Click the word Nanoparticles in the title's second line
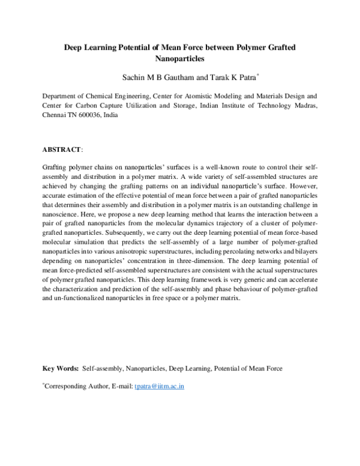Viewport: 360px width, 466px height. (x=180, y=59)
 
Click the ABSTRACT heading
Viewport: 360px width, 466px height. (x=62, y=148)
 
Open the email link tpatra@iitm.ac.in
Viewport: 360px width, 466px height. (x=159, y=386)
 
